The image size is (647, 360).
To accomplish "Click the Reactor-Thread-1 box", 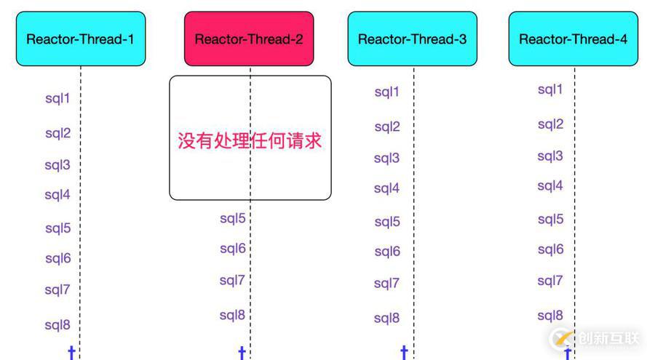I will click(80, 39).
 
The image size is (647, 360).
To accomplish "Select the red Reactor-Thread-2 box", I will click(249, 39).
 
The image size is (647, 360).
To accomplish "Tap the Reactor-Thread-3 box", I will click(412, 39).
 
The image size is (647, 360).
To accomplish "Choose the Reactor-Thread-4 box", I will click(573, 39).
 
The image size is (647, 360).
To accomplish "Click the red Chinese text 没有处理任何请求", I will click(250, 140).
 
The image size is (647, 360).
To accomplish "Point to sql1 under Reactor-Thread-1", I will click(57, 97).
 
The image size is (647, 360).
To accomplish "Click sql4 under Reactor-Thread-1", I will click(57, 195).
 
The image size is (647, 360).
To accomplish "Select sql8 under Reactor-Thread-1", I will click(57, 325).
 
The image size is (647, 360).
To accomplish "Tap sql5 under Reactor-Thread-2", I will click(233, 218).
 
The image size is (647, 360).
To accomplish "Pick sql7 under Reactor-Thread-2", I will click(233, 281).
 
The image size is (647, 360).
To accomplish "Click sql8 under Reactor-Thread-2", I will click(233, 316).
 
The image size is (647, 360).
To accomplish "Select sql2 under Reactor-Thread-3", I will click(387, 127).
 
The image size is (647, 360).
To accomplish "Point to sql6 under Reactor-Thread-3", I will click(387, 252).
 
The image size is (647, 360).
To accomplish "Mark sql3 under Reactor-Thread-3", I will click(387, 159).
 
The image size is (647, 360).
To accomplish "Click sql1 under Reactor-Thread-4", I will click(550, 89).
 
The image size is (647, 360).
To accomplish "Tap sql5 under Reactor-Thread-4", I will click(550, 219).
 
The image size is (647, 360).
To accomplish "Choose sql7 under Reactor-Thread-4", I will click(550, 281).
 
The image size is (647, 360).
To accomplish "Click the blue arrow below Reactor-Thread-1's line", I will click(71, 353).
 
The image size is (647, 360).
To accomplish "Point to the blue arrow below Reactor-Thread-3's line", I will click(404, 353).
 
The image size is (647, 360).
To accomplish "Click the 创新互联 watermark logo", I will click(597, 339).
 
